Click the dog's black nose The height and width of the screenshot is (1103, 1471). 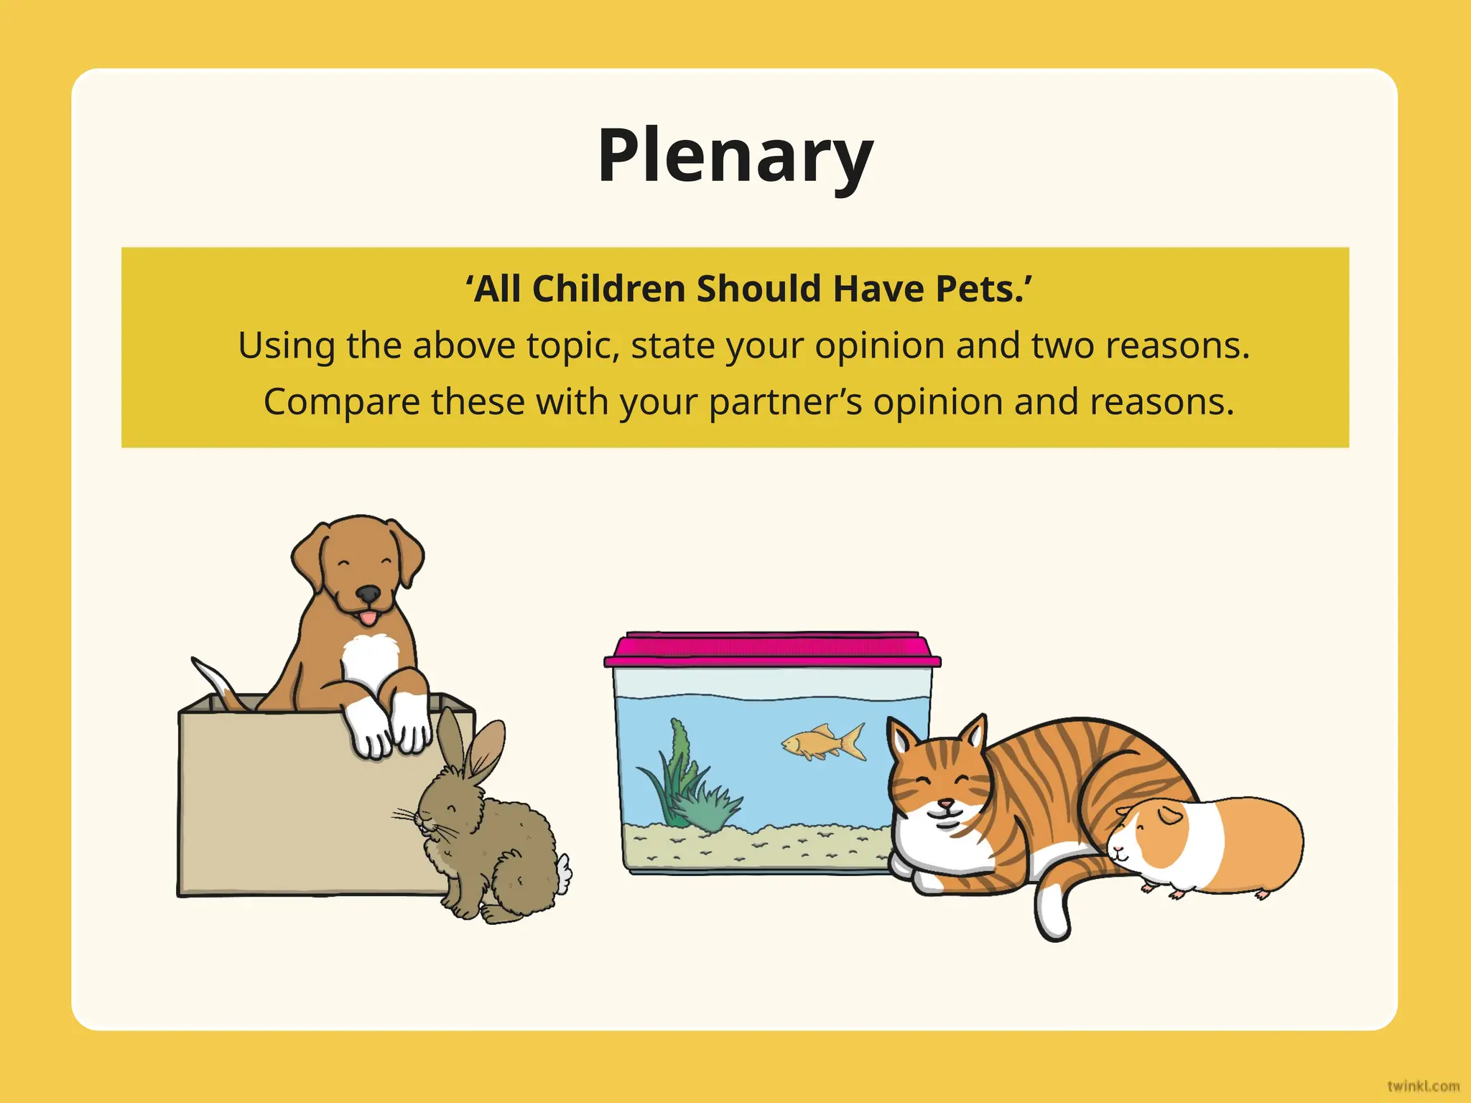pyautogui.click(x=368, y=594)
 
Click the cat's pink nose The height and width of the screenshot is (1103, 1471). pyautogui.click(x=947, y=803)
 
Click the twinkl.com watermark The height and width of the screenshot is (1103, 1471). pyautogui.click(x=1423, y=1086)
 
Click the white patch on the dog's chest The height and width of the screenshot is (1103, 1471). pyautogui.click(x=369, y=657)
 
